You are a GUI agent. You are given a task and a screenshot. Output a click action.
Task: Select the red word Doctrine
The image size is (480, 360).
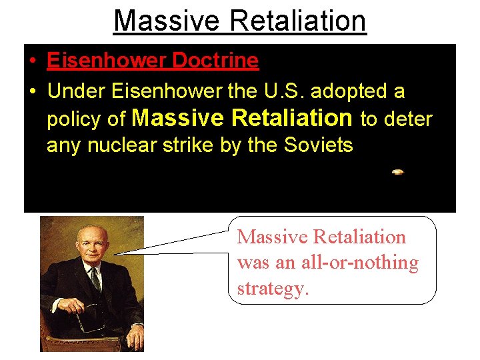(x=215, y=61)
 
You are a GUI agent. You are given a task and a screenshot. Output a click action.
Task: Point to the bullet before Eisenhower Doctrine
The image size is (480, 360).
(x=32, y=61)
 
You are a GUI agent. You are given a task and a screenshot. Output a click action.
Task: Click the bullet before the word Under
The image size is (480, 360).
(x=32, y=90)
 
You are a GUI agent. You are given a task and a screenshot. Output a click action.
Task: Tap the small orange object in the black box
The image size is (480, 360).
(x=397, y=172)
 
